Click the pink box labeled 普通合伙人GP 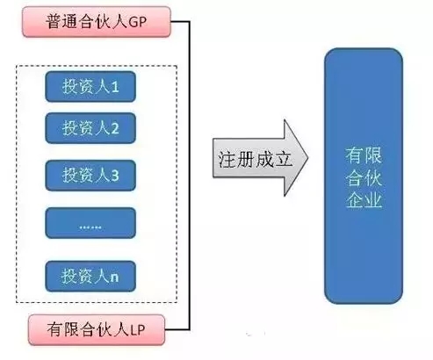97,22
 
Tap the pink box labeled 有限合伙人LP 97,329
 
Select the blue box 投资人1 90,87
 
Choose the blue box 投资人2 90,128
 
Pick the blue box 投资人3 90,176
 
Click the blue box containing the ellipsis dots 90,223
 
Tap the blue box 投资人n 90,277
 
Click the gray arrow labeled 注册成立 260,158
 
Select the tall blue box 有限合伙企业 364,176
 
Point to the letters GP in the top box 138,22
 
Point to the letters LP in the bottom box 137,330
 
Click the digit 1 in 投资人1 115,87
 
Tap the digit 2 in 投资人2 115,128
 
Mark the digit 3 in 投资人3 115,176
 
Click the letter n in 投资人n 114,277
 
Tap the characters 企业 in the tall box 364,200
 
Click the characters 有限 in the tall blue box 364,155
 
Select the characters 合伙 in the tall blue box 364,177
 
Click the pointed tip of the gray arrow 308,157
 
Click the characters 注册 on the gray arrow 236,160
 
